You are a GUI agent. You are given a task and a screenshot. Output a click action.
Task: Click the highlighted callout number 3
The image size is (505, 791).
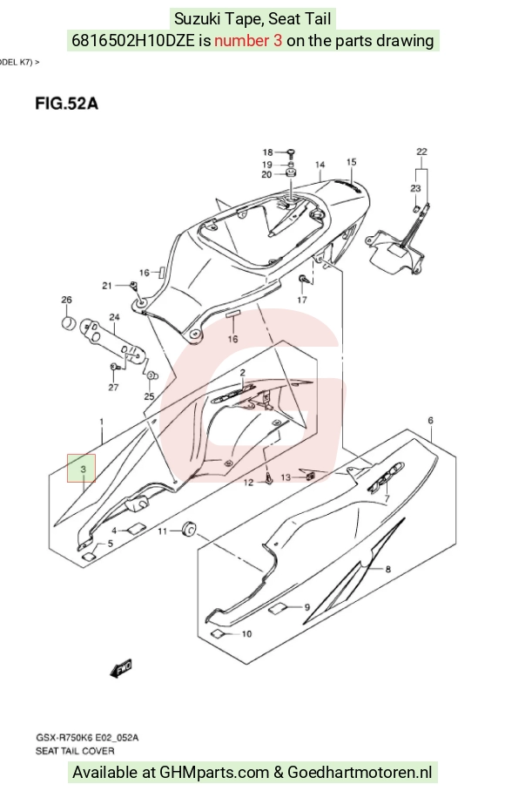coord(84,470)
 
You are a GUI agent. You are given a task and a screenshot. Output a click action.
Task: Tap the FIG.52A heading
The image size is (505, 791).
coord(66,104)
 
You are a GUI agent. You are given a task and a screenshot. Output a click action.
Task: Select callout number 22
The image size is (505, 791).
coord(421,152)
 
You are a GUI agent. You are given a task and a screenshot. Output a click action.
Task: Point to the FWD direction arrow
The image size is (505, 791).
coord(121,668)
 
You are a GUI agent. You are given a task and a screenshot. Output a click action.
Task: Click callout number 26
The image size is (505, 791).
coord(66,300)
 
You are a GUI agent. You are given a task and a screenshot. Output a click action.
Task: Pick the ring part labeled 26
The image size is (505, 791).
coord(69,322)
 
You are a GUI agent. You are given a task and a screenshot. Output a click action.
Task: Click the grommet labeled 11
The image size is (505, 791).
coord(189,529)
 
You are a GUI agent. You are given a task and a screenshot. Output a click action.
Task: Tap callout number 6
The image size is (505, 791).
coord(430,420)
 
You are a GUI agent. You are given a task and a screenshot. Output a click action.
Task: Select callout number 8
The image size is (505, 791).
coord(387,569)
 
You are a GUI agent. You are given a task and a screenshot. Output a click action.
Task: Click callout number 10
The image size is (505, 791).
coord(246,633)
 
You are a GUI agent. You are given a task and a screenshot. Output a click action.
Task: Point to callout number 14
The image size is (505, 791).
coord(320,165)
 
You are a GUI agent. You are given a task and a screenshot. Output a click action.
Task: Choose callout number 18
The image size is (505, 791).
coord(267,152)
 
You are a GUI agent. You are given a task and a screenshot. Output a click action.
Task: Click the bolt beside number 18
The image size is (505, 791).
coord(291,152)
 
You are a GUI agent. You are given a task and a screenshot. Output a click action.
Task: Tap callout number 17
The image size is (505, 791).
coord(302,300)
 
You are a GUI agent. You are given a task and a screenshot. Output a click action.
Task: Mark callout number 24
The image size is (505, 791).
coord(114,317)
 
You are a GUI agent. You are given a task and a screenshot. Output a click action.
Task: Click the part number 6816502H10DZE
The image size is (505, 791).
coord(133,40)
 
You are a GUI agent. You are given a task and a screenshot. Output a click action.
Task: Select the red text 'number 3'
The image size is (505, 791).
coord(248,40)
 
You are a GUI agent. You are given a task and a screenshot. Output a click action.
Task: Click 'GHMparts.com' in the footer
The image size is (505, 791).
coord(214,773)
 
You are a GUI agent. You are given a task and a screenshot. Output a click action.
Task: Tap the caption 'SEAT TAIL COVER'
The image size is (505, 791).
coord(75,751)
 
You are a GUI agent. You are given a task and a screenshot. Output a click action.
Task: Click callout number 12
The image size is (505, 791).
coord(248,483)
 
